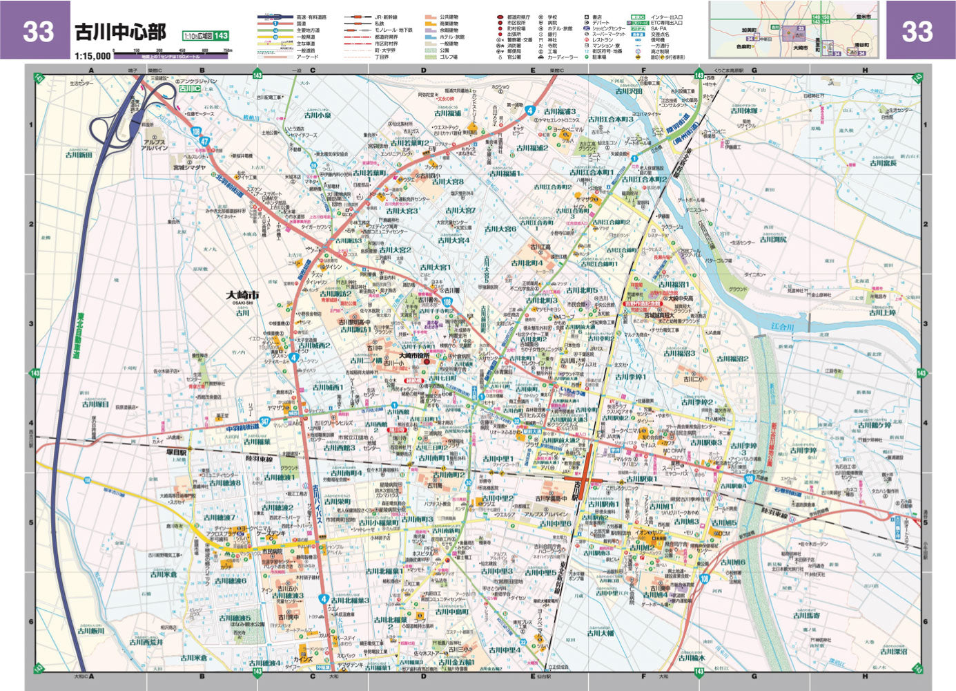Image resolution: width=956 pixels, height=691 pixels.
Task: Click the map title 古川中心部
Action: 120,32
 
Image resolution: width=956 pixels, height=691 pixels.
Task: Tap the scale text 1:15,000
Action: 92,56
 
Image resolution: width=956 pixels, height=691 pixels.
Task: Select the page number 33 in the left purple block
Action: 37,31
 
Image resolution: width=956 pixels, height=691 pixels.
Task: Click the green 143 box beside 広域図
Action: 220,36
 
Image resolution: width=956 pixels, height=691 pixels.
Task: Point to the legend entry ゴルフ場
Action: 449,57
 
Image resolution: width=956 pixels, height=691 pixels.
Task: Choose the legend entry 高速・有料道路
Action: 311,17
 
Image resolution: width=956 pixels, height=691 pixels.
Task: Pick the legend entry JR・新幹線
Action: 386,17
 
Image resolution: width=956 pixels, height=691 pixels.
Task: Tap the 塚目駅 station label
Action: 177,453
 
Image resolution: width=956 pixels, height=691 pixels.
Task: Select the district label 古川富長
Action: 883,163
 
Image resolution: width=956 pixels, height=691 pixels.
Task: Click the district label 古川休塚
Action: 744,111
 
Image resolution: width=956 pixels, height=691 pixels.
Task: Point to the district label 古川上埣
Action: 882,312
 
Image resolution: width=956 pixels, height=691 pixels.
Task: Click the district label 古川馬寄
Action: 806,615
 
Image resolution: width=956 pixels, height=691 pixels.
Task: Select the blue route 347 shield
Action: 246,421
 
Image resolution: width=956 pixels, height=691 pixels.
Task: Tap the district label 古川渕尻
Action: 773,239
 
